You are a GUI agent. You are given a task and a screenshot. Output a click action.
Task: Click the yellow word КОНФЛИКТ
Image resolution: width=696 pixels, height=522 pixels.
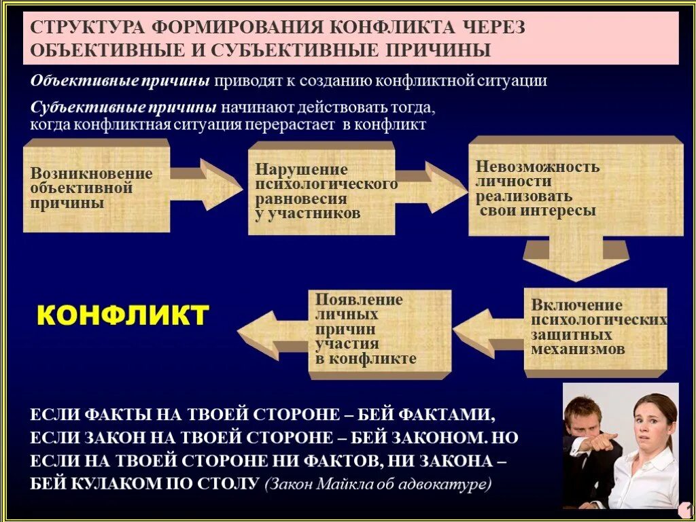(x=122, y=316)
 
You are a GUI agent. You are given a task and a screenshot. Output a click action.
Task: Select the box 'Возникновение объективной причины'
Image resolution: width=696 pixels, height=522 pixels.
(x=95, y=187)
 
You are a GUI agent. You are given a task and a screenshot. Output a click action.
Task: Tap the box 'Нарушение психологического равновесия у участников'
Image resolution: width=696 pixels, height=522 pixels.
(x=321, y=190)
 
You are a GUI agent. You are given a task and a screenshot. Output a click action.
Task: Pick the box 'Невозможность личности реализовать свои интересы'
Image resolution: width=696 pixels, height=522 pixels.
(x=574, y=187)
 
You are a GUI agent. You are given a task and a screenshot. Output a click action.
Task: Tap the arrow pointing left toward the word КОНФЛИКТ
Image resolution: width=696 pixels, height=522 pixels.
(x=272, y=333)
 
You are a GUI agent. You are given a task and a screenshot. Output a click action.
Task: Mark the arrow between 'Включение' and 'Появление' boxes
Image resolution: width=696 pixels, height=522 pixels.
(x=486, y=333)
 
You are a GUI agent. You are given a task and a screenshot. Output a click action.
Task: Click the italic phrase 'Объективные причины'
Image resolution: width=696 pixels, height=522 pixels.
(x=120, y=81)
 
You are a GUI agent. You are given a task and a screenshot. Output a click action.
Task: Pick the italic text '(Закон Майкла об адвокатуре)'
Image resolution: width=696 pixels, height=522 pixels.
(x=378, y=485)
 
